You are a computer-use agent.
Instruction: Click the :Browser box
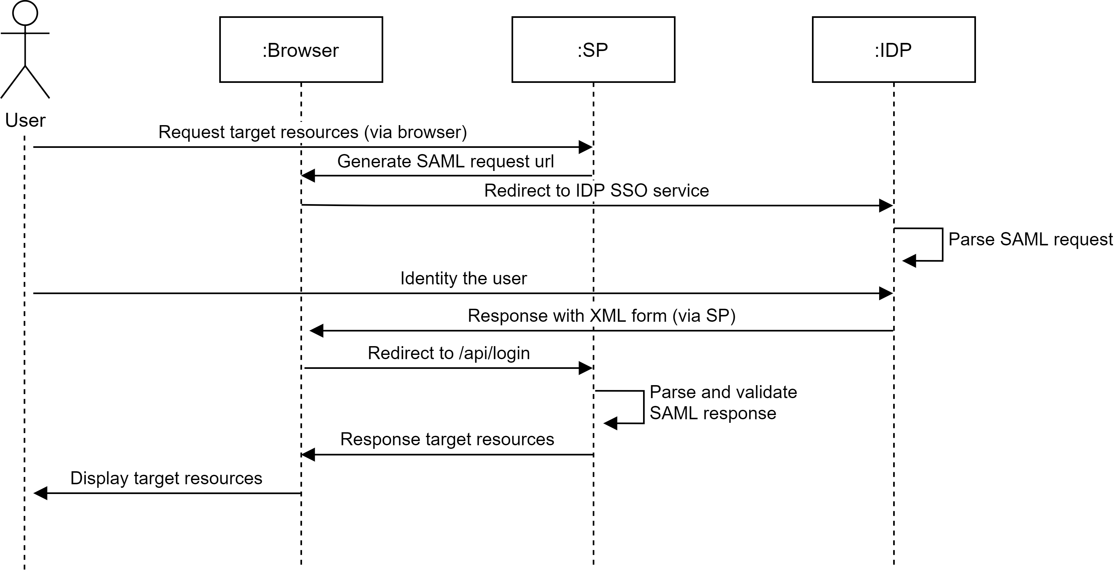301,49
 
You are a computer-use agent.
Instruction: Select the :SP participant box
593,49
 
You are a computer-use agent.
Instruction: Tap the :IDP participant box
893,49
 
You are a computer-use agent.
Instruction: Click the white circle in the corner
25,13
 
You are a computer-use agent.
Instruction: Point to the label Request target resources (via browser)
312,132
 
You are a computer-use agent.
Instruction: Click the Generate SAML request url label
445,162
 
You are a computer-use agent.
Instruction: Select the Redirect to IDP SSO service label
596,191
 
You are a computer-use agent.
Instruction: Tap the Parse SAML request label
1030,239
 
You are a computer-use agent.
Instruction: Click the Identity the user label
463,278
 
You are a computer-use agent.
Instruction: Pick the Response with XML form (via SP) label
601,316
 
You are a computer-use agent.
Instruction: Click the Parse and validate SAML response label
725,403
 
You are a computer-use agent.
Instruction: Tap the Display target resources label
166,478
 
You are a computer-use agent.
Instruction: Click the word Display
99,478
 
